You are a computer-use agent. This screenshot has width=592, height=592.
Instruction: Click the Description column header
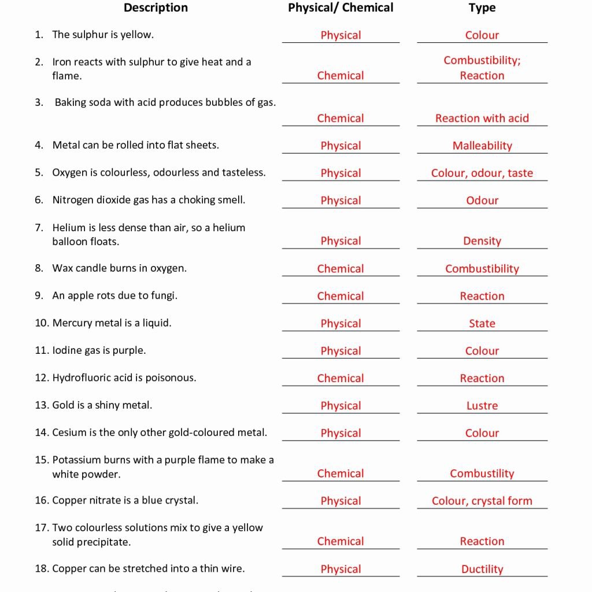(156, 8)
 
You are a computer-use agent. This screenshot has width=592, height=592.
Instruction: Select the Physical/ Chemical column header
(341, 8)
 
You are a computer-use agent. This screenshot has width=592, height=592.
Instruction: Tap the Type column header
(482, 8)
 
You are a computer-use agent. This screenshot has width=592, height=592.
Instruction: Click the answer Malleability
(482, 146)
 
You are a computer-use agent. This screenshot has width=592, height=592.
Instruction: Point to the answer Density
(482, 241)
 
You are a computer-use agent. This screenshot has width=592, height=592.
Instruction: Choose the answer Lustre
(482, 406)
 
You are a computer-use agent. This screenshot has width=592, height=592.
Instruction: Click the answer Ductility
(482, 569)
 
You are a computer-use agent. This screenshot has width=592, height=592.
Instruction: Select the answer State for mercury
(482, 324)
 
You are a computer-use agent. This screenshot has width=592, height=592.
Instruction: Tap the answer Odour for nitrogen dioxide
(482, 201)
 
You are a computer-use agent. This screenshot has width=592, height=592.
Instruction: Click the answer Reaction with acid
(482, 119)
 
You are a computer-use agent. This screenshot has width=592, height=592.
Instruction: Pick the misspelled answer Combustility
(482, 474)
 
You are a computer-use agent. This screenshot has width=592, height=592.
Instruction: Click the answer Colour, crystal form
(482, 501)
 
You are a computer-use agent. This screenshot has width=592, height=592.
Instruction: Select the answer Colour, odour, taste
(482, 173)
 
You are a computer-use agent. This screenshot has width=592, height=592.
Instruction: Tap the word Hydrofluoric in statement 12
(81, 378)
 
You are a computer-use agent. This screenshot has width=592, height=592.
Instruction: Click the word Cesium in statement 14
(68, 432)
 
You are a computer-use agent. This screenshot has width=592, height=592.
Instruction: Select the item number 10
(42, 323)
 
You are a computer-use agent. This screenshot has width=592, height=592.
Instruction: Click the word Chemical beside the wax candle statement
(341, 269)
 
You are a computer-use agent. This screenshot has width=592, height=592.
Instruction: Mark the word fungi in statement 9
(163, 296)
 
